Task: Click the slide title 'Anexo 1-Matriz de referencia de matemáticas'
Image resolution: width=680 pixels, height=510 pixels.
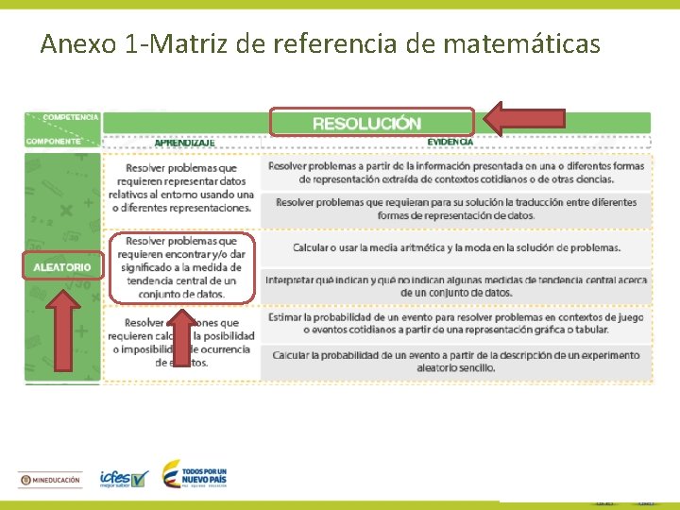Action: pyautogui.click(x=319, y=43)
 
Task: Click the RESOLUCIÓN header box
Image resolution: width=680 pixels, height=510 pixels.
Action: pyautogui.click(x=371, y=123)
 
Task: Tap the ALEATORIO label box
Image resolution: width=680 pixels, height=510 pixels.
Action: pyautogui.click(x=62, y=267)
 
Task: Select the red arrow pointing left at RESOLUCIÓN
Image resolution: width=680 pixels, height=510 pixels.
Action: pyautogui.click(x=524, y=117)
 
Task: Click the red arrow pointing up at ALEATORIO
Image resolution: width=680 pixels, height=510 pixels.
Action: pyautogui.click(x=63, y=330)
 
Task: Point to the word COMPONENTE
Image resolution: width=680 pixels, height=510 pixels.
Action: pyautogui.click(x=53, y=142)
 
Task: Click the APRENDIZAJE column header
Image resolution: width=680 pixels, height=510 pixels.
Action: pyautogui.click(x=184, y=143)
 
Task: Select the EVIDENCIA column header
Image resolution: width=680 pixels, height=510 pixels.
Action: pyautogui.click(x=450, y=142)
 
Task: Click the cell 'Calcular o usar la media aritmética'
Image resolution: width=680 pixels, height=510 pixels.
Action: pyautogui.click(x=456, y=247)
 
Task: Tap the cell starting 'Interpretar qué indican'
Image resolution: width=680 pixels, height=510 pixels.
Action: pyautogui.click(x=456, y=285)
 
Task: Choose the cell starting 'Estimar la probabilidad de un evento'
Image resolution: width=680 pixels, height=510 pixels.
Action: pyautogui.click(x=456, y=323)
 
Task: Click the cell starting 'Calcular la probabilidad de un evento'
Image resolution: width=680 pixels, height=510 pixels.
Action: pyautogui.click(x=456, y=361)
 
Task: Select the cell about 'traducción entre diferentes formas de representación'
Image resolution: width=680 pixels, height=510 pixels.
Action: pyautogui.click(x=456, y=209)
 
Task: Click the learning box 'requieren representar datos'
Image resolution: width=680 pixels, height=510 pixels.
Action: pyautogui.click(x=182, y=187)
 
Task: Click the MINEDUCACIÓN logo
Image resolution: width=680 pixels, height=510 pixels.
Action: pyautogui.click(x=51, y=480)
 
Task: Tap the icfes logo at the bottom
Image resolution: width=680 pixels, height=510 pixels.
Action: pyautogui.click(x=124, y=479)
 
